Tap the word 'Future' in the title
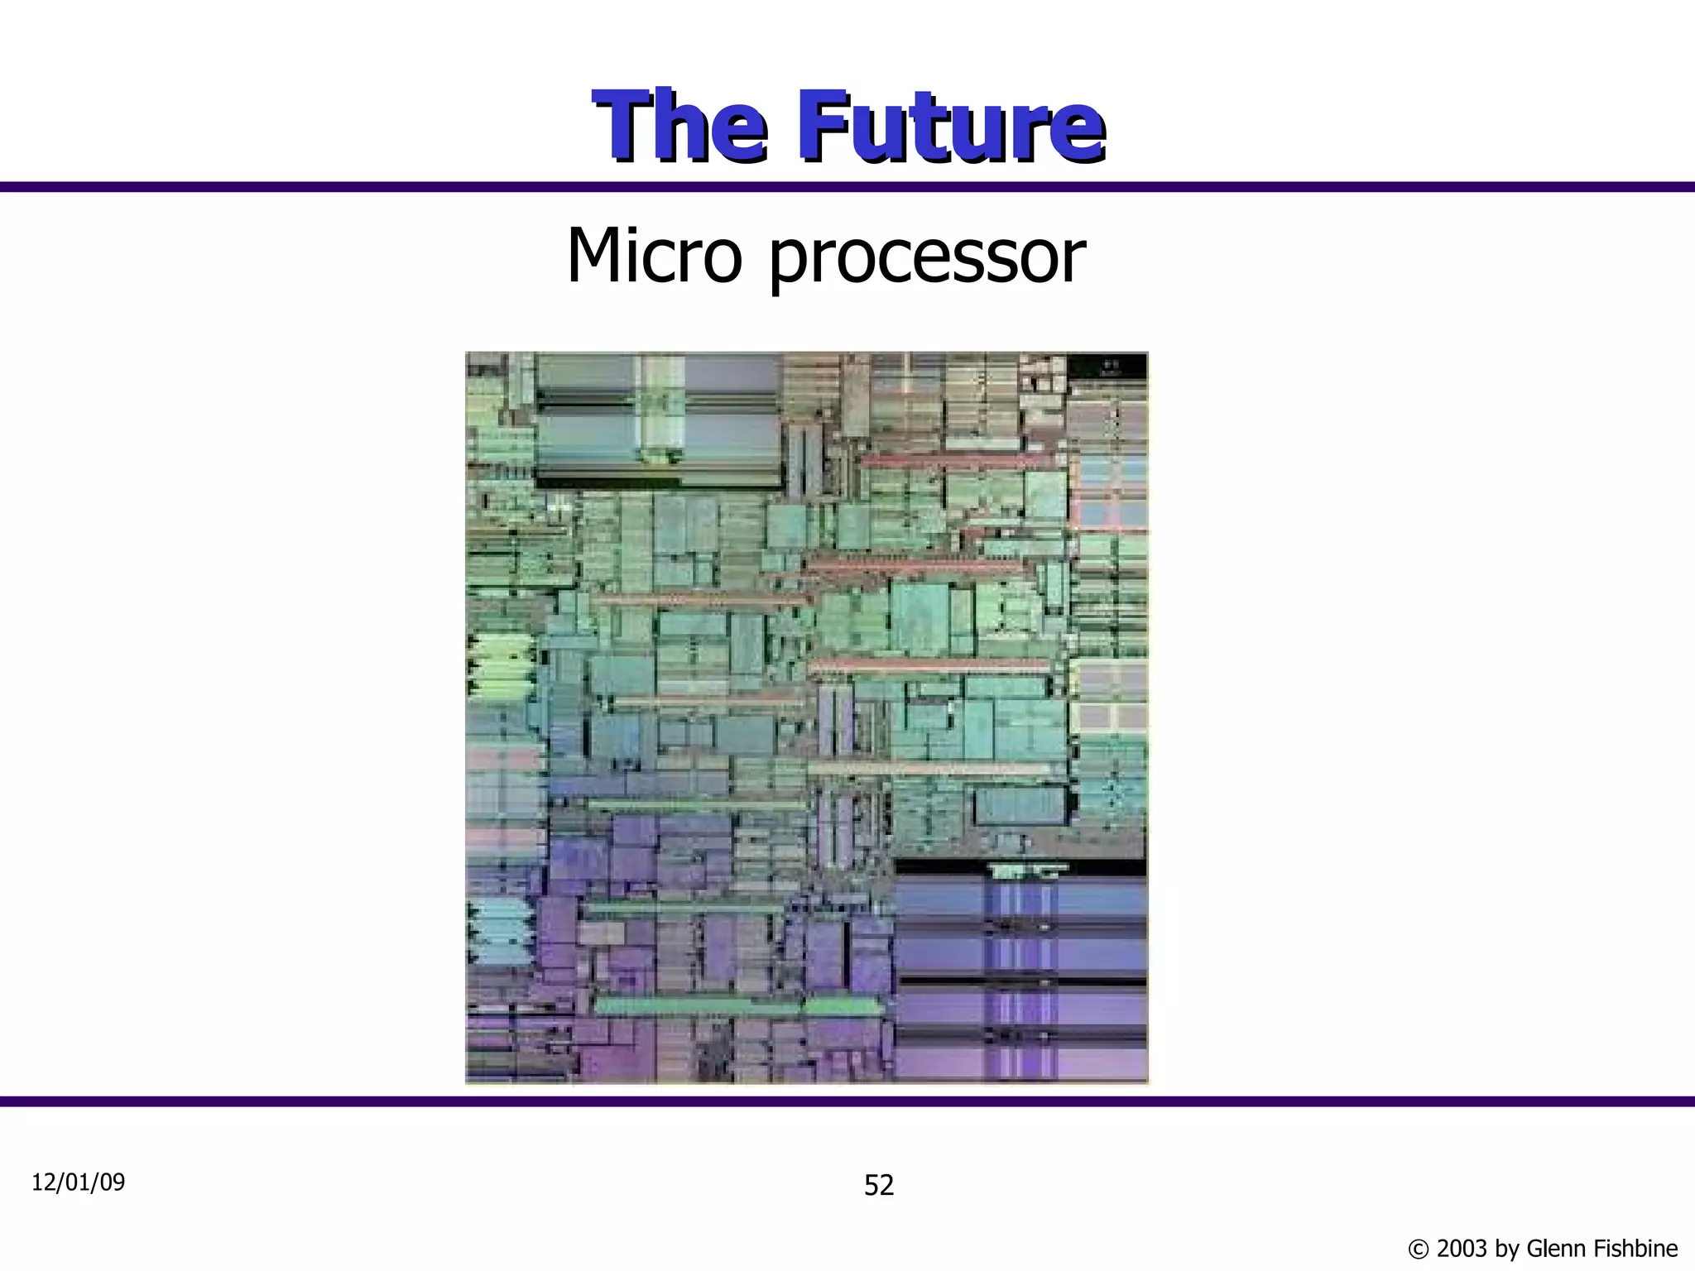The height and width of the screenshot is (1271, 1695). coord(951,128)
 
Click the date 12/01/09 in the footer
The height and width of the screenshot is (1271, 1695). coord(78,1182)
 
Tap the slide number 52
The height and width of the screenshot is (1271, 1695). coord(879,1186)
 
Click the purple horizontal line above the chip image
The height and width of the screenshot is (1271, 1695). coord(847,187)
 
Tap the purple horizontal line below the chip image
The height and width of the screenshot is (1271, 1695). coord(847,1101)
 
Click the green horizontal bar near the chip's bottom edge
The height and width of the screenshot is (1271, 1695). coord(737,1006)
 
